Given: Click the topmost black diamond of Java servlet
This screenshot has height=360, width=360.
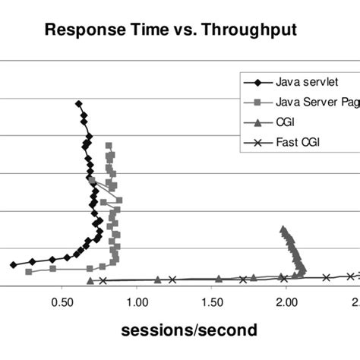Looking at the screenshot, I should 77,103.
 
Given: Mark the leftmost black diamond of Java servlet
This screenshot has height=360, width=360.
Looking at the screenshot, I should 13,264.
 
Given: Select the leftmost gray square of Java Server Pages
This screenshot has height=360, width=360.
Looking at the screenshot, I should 29,271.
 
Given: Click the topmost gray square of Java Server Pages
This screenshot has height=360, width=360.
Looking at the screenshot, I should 108,145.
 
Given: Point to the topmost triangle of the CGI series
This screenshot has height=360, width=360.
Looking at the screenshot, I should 283,229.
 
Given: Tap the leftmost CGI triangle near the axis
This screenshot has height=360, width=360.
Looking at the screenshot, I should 90,280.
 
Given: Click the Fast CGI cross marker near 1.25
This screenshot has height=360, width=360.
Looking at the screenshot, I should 172,279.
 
